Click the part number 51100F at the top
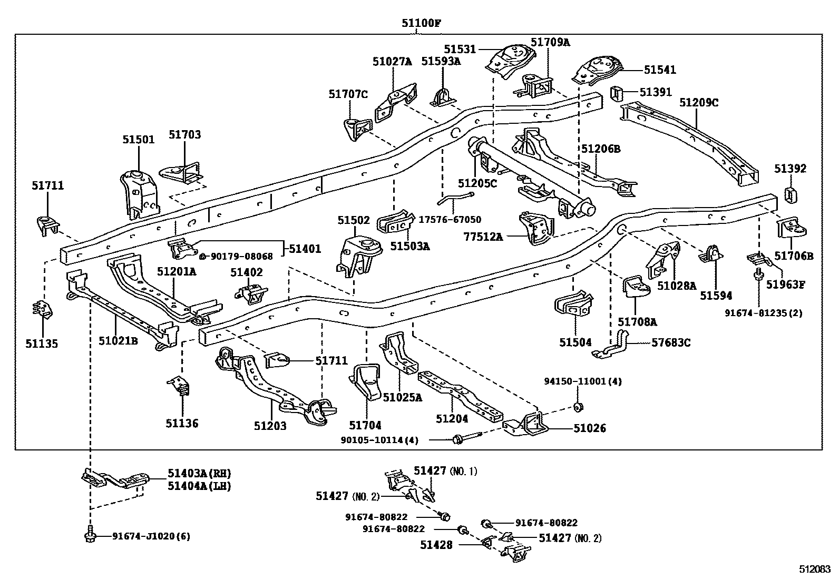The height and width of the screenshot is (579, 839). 421,23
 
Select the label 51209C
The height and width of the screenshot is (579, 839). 698,102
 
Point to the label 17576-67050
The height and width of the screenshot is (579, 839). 450,219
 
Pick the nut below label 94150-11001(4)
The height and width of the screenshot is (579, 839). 578,406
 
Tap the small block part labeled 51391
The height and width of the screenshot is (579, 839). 617,93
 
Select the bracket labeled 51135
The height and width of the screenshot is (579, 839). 42,309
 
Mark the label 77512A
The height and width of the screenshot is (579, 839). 483,237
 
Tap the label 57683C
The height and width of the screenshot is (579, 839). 670,343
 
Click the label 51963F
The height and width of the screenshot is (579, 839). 785,285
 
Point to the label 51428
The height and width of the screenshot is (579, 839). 436,545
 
